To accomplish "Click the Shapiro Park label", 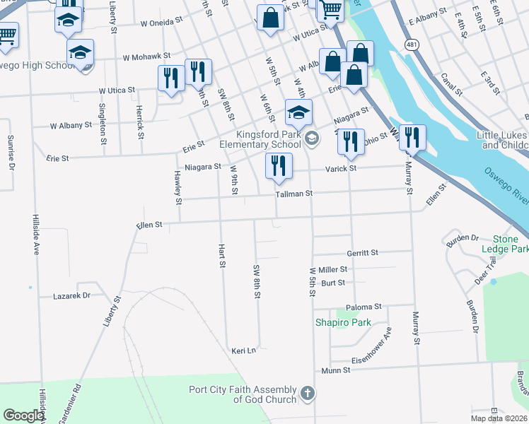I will (343, 322).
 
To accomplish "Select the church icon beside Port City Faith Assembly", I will (307, 393).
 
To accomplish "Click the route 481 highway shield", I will (412, 45).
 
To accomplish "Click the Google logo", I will (23, 416).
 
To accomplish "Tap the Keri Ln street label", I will (243, 350).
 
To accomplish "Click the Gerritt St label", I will (363, 252).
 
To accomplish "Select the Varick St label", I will (340, 168).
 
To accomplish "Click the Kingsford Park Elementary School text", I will (260, 139).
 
